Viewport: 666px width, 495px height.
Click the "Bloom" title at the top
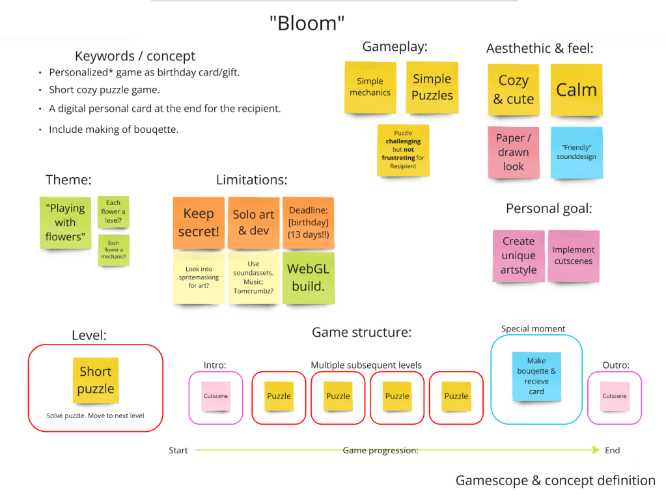pos(307,24)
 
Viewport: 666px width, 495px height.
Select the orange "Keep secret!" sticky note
pos(199,222)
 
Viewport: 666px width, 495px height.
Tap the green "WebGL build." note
pos(309,277)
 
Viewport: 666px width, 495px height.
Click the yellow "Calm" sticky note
pos(576,90)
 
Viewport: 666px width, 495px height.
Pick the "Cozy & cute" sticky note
pos(514,90)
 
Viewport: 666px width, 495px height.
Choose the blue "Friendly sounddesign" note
pos(576,152)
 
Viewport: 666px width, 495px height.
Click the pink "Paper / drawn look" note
pos(514,152)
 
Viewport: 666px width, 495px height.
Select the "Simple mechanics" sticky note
pos(370,87)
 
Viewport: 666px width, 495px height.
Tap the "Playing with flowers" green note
pos(65,223)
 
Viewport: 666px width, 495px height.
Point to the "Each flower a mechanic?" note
pos(113,251)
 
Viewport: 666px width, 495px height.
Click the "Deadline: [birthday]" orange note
pos(308,223)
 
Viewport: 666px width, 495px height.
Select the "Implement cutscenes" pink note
pos(573,255)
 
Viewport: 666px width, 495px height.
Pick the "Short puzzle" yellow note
pos(96,380)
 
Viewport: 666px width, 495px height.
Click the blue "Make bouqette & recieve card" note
pos(536,376)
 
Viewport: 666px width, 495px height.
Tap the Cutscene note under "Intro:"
pos(215,396)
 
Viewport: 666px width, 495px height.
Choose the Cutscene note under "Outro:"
pos(614,396)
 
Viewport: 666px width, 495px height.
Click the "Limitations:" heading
pos(251,180)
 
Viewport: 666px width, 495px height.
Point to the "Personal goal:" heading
pos(549,209)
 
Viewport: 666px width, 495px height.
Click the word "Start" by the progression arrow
pos(178,450)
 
